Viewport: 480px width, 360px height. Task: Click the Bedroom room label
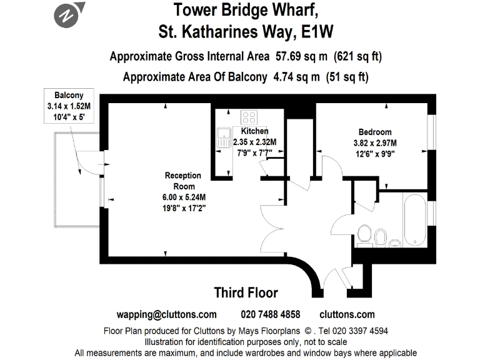coord(374,132)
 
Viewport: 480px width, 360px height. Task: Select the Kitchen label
coord(254,131)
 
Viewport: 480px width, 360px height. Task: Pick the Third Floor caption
coord(246,292)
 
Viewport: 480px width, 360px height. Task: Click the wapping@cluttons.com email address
coord(167,314)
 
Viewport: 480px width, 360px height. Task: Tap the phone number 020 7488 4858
coord(270,314)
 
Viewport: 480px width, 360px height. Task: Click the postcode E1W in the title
coord(319,30)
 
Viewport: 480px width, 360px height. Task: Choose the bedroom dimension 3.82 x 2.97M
coord(375,142)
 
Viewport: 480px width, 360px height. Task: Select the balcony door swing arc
coord(81,164)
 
